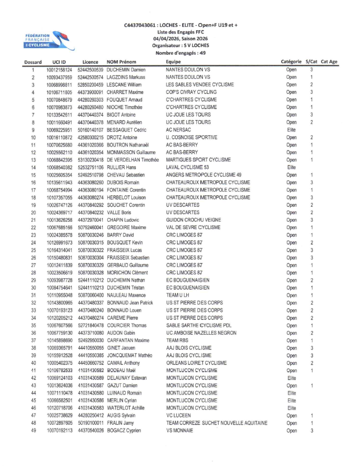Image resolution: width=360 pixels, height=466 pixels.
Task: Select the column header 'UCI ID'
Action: pyautogui.click(x=60, y=61)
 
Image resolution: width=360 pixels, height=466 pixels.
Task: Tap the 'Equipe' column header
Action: pyautogui.click(x=173, y=61)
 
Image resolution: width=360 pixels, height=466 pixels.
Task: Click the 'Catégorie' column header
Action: pyautogui.click(x=292, y=61)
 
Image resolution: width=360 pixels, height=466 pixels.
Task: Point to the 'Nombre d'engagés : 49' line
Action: pyautogui.click(x=180, y=53)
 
